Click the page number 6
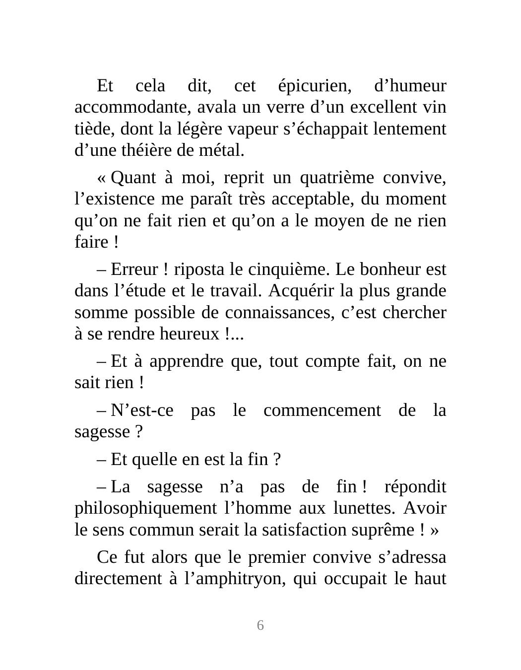[260, 625]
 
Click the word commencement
[322, 410]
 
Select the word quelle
[156, 460]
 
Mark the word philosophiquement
[145, 508]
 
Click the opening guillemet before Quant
[102, 178]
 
